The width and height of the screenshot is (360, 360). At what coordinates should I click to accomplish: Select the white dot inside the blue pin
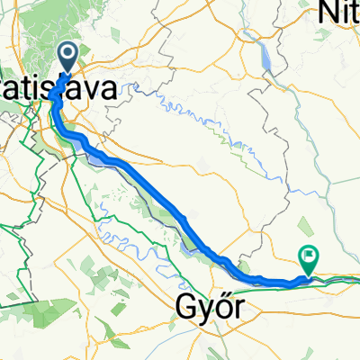tap(67, 54)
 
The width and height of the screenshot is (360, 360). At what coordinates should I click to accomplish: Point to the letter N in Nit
tap(329, 12)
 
